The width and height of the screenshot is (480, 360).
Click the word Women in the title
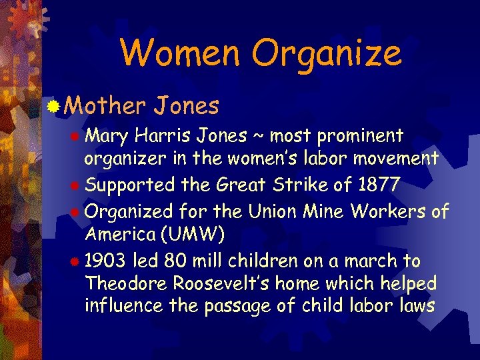[175, 53]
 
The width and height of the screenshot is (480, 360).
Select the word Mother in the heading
[106, 105]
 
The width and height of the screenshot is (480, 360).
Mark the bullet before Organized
[78, 212]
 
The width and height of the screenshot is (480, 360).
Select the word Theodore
[127, 283]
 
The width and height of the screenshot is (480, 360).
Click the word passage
[265, 307]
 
